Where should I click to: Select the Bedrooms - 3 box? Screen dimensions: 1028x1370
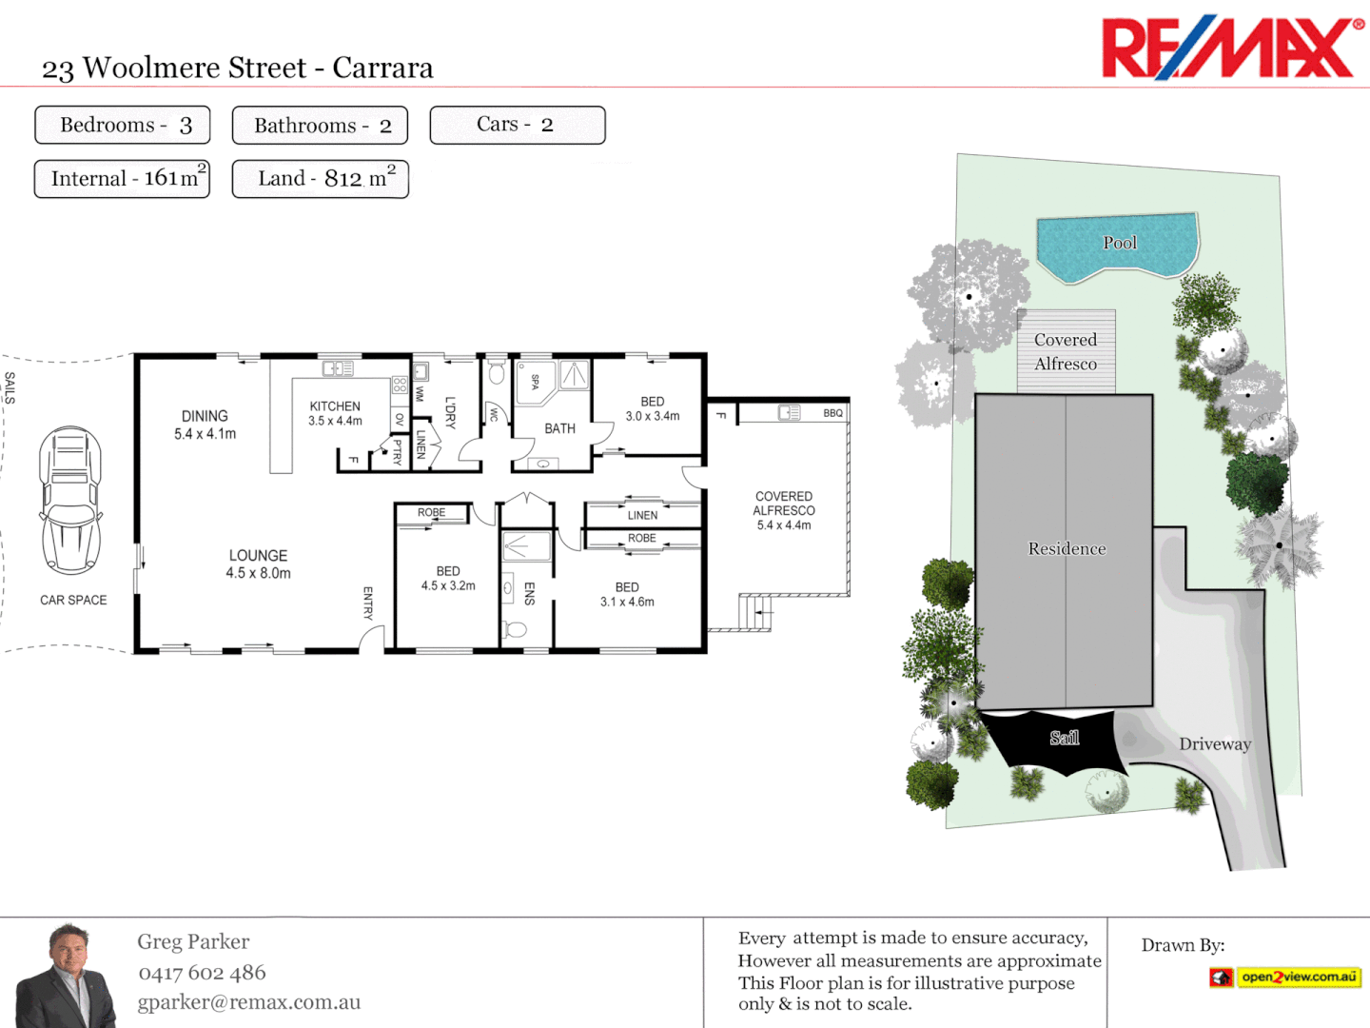click(122, 125)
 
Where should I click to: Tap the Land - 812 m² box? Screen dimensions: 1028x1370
click(321, 179)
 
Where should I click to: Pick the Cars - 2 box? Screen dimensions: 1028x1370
click(517, 125)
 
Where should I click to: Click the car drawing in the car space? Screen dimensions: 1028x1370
click(70, 501)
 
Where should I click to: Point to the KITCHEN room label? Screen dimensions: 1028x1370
click(335, 406)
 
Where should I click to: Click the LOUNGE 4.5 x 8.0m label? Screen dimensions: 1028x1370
click(258, 563)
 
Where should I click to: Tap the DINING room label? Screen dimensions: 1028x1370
click(205, 416)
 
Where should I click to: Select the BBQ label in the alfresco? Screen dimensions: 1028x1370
click(832, 413)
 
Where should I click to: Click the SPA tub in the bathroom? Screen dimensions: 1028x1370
click(535, 382)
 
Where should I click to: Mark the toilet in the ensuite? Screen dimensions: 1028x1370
click(515, 629)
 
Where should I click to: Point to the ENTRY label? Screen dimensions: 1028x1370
click(368, 603)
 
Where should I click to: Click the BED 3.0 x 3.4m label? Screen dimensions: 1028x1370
click(653, 408)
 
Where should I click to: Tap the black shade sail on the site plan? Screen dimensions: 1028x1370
click(1056, 739)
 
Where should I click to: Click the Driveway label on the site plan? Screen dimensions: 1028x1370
click(1215, 744)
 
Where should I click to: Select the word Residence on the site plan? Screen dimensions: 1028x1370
click(1067, 549)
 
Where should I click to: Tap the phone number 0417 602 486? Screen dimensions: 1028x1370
click(202, 973)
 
